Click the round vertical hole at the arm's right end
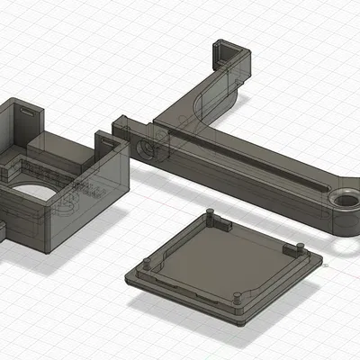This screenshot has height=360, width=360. click(x=344, y=199)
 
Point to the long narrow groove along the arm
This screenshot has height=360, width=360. click(x=243, y=162)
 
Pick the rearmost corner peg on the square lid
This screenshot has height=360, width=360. click(x=209, y=213)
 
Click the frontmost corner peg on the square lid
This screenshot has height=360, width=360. click(x=236, y=297)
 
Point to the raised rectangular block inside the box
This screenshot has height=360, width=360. click(x=49, y=144)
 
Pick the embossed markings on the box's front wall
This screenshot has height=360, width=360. click(x=76, y=193)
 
